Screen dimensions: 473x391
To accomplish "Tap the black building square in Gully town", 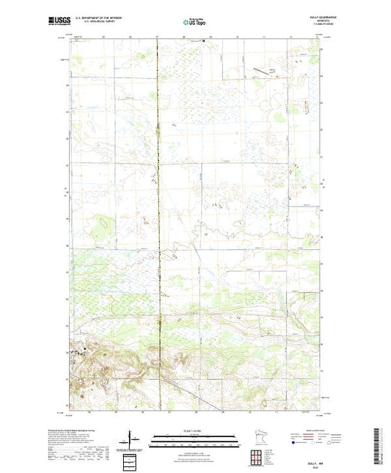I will click(x=85, y=348).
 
